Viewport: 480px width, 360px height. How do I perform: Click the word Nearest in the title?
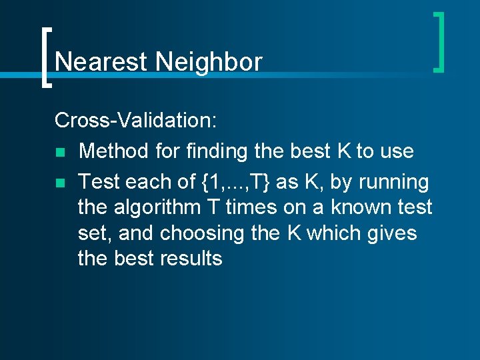pos(101,62)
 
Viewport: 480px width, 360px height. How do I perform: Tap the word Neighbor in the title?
pos(209,62)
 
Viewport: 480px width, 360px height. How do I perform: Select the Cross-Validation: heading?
pos(135,120)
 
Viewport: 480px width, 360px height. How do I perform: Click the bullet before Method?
pos(59,152)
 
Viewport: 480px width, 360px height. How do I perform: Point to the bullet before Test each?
pos(59,183)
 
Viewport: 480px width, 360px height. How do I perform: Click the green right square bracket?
pos(439,41)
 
